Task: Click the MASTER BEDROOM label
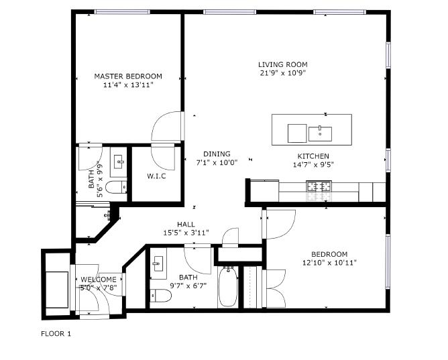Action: tap(128, 76)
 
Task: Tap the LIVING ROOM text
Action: tap(282, 65)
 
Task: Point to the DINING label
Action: tap(217, 154)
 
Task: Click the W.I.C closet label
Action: tap(156, 176)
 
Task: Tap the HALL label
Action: tap(186, 225)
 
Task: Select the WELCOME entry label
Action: tap(99, 280)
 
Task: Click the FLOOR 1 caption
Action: tap(56, 333)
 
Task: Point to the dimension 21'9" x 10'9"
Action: tap(282, 73)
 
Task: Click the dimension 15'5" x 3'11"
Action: tap(186, 233)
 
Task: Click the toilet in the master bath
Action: tap(117, 187)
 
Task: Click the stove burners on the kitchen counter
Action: tap(319, 187)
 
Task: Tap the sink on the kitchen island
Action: tap(320, 133)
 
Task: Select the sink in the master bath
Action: tap(119, 161)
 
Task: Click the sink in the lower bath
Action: tap(159, 264)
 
